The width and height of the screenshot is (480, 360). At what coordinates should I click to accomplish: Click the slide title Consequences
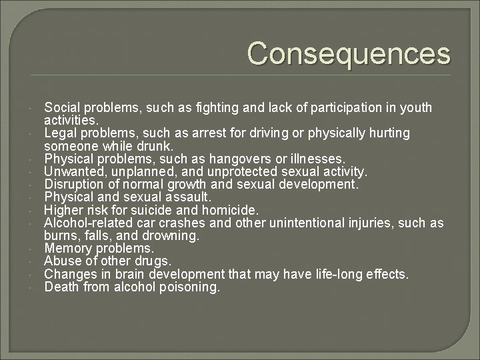point(349,54)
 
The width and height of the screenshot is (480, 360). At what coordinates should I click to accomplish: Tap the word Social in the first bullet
point(60,107)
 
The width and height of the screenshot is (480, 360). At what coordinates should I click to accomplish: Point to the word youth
point(416,107)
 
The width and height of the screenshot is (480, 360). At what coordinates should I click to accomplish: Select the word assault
point(188,197)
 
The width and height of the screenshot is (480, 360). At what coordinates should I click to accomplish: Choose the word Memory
point(66,247)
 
